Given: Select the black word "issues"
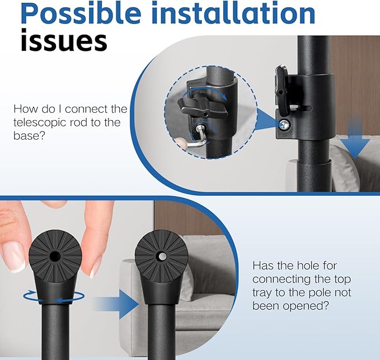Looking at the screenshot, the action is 64,40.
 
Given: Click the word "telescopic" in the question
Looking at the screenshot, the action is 39,122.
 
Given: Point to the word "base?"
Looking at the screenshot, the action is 29,135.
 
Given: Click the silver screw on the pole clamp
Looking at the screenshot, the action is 284,125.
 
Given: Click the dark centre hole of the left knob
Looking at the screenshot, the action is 55,256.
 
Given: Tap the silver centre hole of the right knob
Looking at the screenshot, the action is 161,257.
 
